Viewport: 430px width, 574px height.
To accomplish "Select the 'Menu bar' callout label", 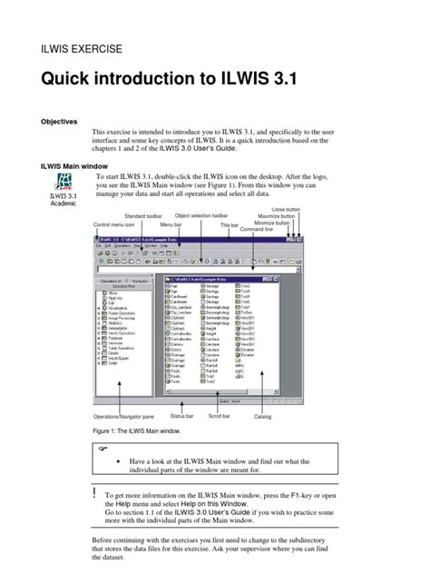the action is [x=171, y=224].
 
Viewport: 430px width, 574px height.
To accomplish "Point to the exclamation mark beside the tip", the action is [x=95, y=490].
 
